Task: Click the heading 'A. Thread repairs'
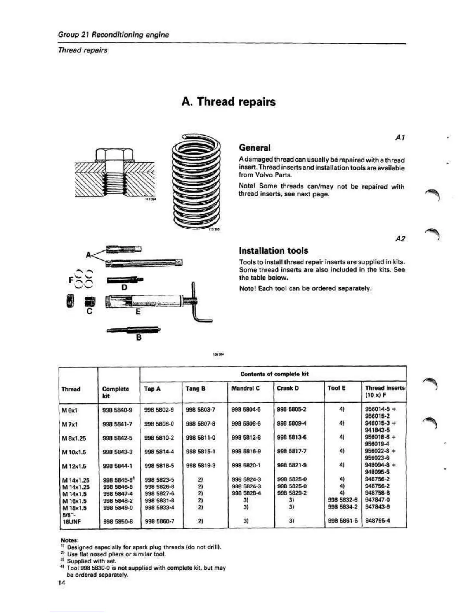click(229, 102)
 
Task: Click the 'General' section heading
click(255, 148)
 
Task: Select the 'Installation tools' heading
click(274, 250)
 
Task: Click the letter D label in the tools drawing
click(124, 287)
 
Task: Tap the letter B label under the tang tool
click(139, 338)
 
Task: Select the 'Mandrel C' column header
click(245, 388)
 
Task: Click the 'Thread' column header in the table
click(71, 389)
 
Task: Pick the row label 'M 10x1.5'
click(74, 452)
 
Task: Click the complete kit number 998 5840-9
click(117, 410)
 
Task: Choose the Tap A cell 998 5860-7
click(159, 521)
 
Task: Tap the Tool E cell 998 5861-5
click(343, 521)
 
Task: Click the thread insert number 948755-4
click(378, 521)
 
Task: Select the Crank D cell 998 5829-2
click(291, 493)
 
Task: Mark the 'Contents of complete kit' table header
click(274, 374)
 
